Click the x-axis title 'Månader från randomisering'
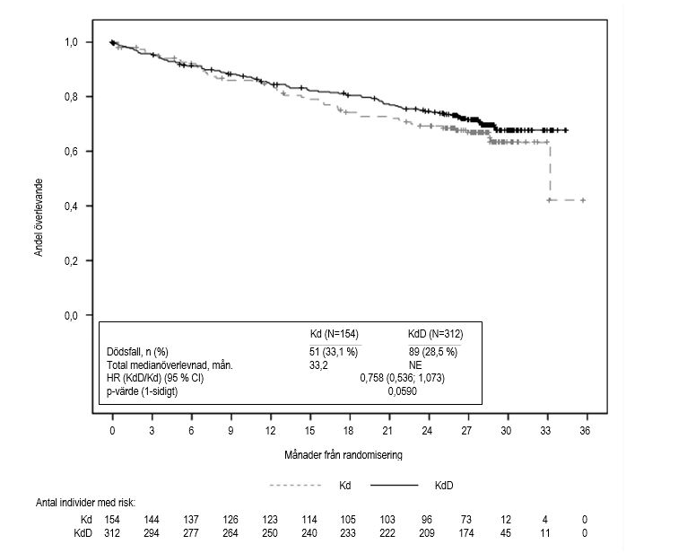pos(343,454)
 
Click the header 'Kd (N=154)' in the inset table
pos(335,334)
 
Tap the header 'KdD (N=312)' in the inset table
pos(433,334)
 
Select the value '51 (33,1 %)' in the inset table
pos(335,351)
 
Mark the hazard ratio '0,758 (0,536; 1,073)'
pos(402,378)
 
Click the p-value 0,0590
pos(402,391)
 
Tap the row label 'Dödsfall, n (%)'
pos(136,351)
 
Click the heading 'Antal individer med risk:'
pos(83,503)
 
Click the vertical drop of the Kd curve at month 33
pos(549,171)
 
